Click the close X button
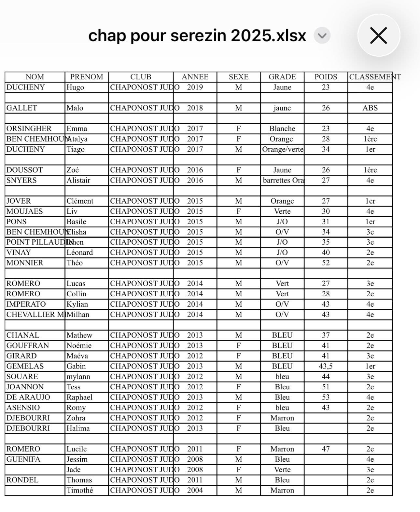coord(378,35)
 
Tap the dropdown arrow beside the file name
coord(322,35)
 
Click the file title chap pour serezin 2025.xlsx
coord(197,35)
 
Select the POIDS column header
coord(326,77)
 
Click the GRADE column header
coord(282,77)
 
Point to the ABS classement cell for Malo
coord(370,108)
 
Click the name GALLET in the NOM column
coord(22,108)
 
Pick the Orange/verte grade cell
coord(282,149)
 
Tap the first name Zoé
coord(73,170)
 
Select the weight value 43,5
coord(326,366)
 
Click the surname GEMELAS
coord(25,366)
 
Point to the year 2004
coord(195,490)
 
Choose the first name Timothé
coord(79,490)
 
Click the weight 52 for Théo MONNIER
coord(326,263)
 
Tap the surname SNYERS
coord(21,180)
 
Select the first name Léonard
coord(79,252)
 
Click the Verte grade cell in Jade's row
coord(282,470)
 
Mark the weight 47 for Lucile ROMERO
coord(326,449)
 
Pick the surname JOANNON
coord(25,387)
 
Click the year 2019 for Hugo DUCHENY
coord(195,87)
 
